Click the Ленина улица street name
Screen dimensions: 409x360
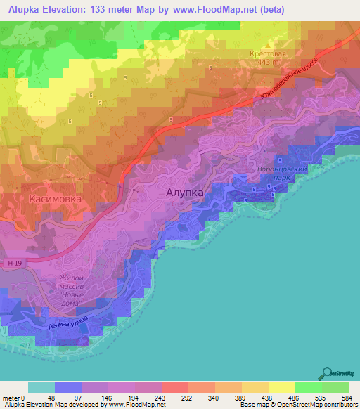click(x=68, y=324)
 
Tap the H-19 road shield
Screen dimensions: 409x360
click(x=16, y=263)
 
